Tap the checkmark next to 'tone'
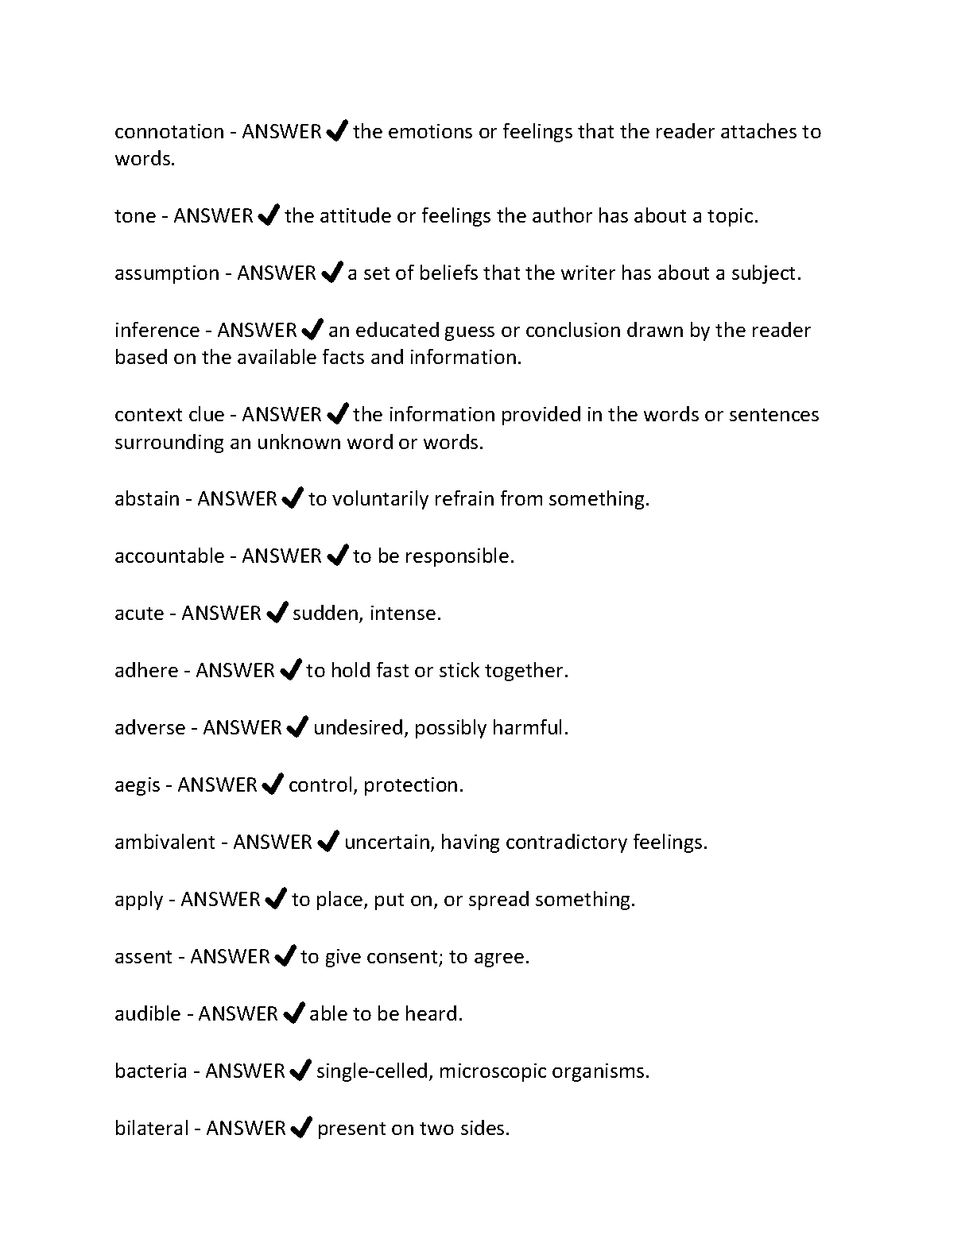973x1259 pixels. [269, 215]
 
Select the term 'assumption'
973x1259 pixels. [167, 273]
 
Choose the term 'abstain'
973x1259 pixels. [147, 499]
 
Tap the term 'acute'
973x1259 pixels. [139, 614]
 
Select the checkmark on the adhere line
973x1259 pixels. [291, 670]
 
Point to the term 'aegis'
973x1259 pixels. [138, 785]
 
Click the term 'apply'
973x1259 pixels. [139, 901]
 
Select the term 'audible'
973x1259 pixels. [148, 1014]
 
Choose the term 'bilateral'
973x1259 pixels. [152, 1129]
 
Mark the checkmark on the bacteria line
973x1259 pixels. [300, 1071]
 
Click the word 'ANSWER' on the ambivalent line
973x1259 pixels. [272, 843]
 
